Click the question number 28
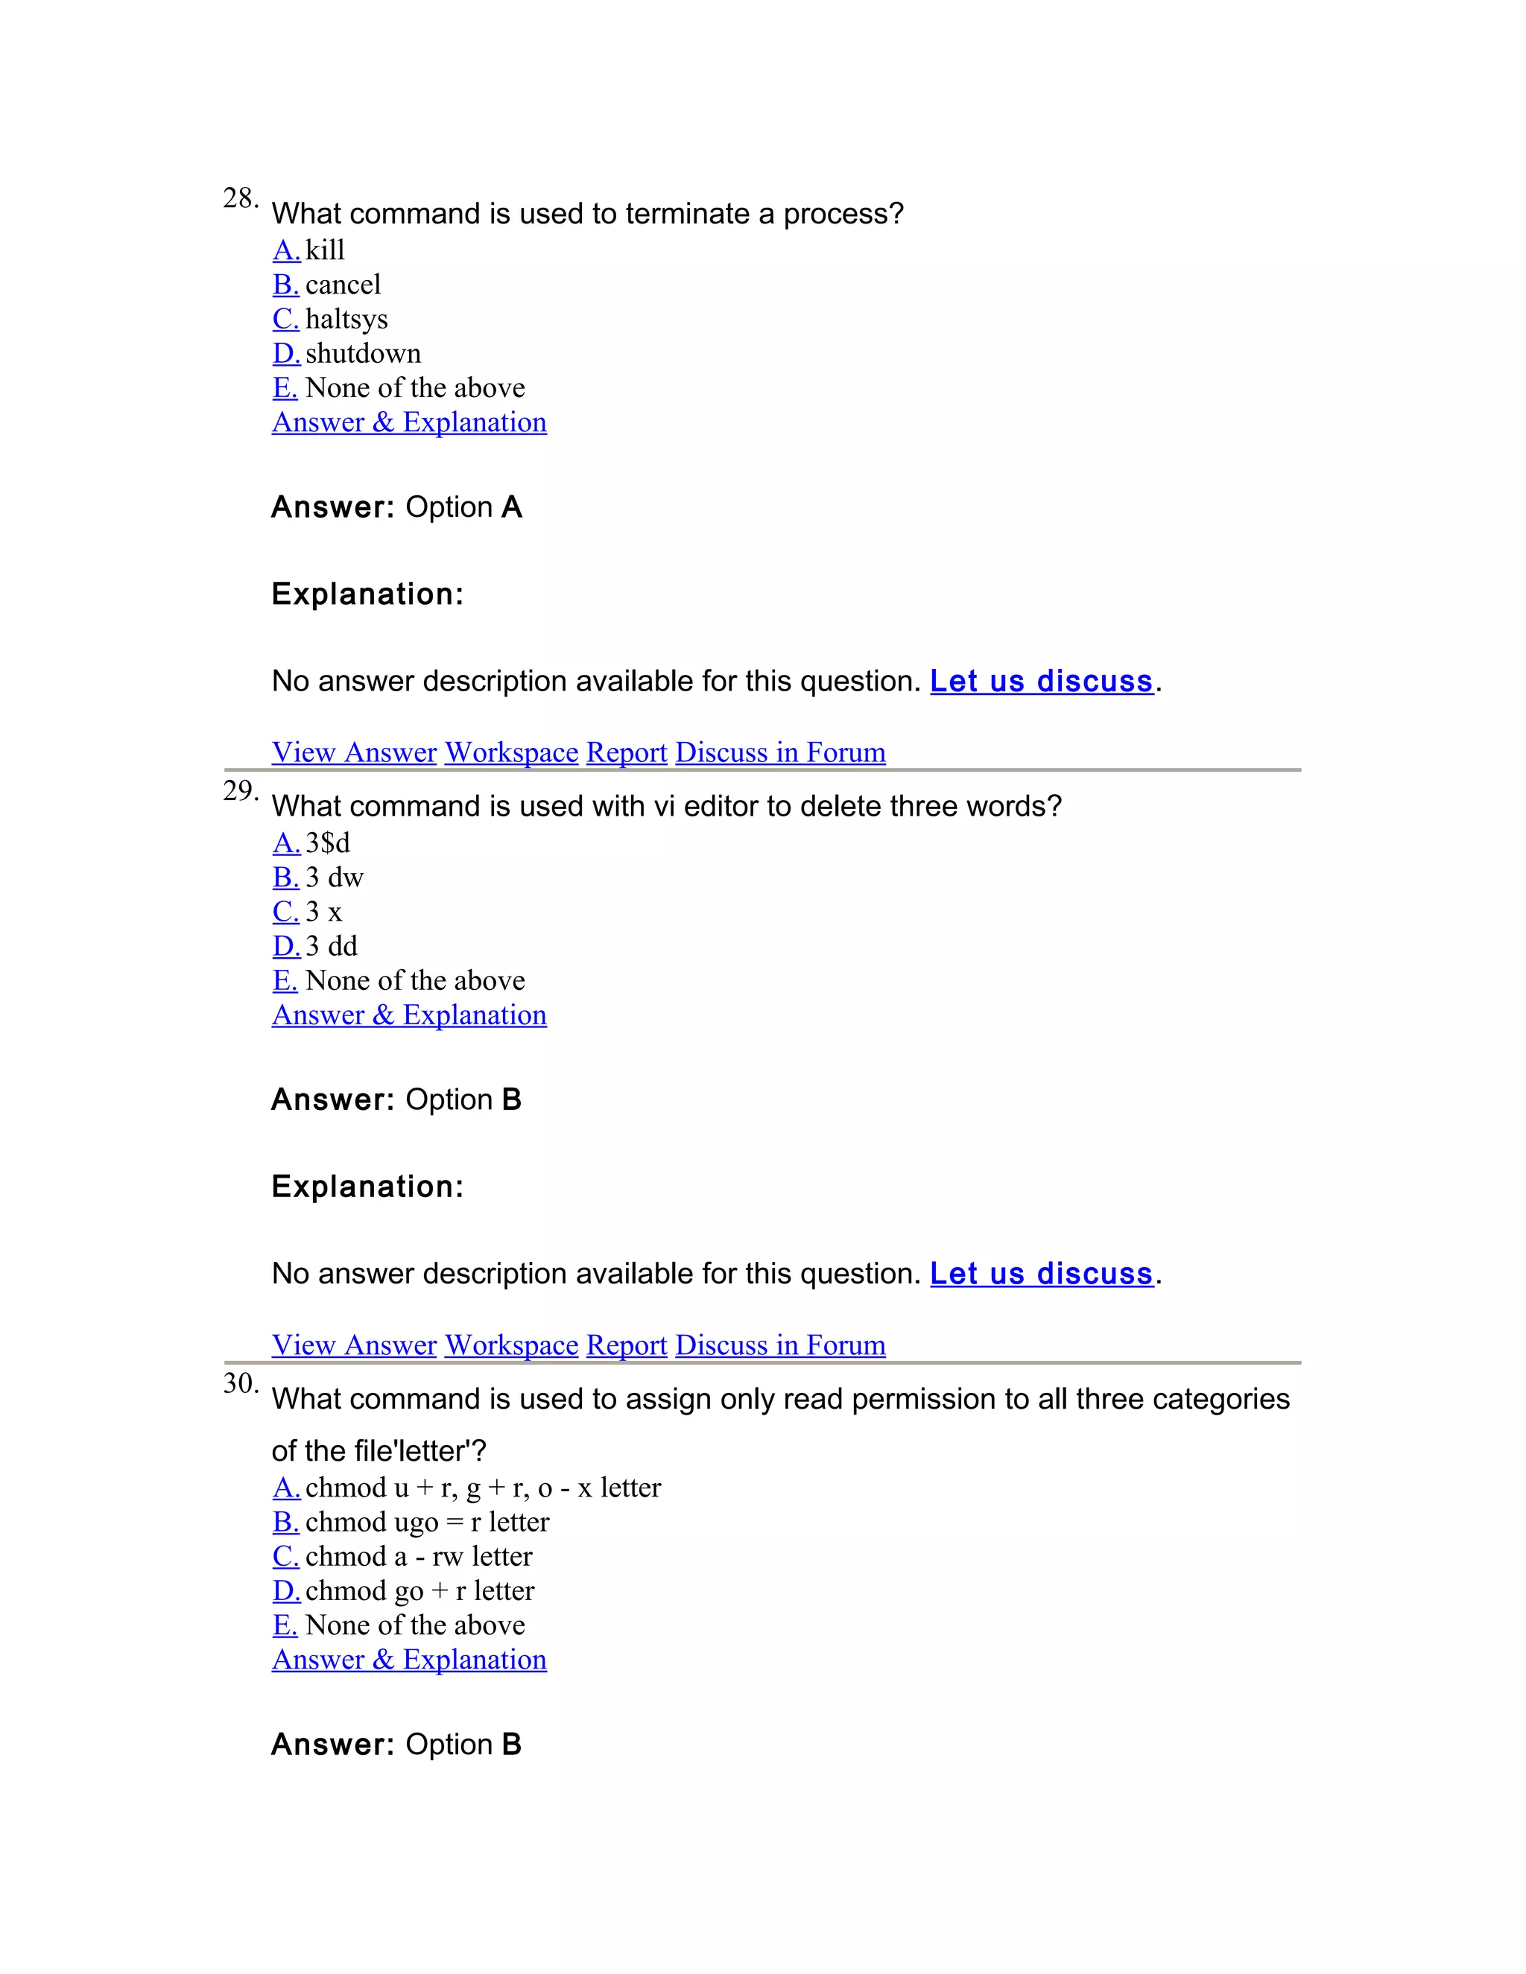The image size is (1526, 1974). click(240, 198)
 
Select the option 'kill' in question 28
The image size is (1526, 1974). click(325, 250)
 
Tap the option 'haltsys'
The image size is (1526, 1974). click(346, 319)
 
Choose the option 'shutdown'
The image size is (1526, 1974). click(363, 353)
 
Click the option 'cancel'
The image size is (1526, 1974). click(343, 285)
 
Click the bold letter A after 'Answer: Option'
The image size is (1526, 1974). click(512, 507)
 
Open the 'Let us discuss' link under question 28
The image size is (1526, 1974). click(1042, 682)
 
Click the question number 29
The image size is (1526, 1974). click(240, 791)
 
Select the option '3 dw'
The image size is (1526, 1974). click(334, 877)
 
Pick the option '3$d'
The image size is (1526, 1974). click(327, 843)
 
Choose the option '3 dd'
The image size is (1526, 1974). click(331, 946)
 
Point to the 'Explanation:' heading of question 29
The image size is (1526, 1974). click(367, 1187)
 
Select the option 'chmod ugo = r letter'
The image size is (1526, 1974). click(427, 1522)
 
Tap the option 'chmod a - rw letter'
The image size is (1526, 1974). click(419, 1556)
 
